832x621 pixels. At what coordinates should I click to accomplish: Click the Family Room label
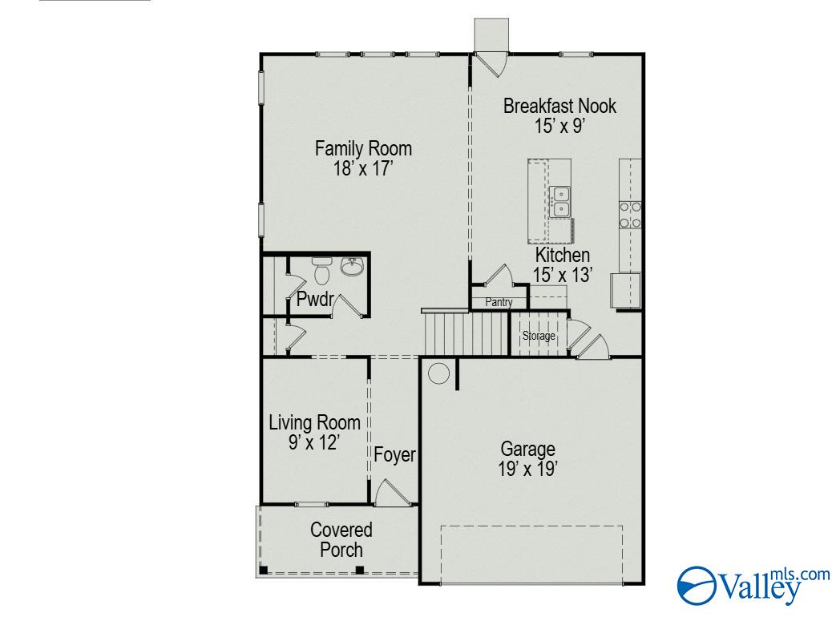point(363,149)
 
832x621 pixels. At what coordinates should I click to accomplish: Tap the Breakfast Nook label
point(559,106)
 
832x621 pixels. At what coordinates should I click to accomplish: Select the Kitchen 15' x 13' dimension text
point(563,275)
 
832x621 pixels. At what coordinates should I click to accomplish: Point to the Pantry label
point(498,302)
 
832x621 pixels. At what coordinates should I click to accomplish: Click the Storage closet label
point(539,336)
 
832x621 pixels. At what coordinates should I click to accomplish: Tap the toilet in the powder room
point(322,271)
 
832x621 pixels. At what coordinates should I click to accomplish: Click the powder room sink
point(352,266)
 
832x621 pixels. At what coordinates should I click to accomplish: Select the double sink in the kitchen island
point(559,201)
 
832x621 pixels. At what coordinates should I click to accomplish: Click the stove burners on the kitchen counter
point(630,214)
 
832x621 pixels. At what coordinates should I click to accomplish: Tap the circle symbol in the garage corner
point(438,373)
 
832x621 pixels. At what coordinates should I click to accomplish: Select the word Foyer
point(394,455)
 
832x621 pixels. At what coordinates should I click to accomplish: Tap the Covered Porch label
point(341,539)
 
